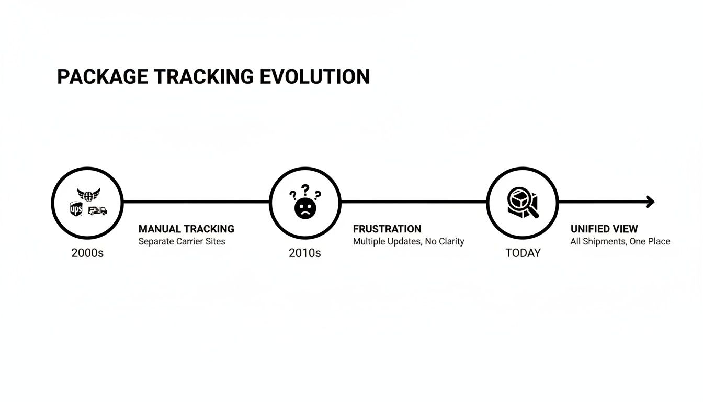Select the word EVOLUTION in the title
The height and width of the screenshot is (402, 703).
(x=314, y=76)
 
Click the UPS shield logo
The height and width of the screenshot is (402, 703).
(x=76, y=209)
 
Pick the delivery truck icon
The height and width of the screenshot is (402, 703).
(x=97, y=210)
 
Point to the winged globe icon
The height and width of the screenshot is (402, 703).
(x=88, y=195)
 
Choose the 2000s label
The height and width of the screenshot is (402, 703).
(x=87, y=253)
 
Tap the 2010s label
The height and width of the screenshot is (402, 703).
(x=304, y=253)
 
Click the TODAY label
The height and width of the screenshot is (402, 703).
(x=523, y=253)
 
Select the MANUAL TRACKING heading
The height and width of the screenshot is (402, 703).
(x=186, y=229)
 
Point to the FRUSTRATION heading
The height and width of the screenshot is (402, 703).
(x=387, y=229)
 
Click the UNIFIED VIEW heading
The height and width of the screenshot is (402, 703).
(x=604, y=229)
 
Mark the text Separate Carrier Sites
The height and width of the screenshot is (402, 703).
(x=182, y=241)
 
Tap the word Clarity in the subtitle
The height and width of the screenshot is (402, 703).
(x=450, y=241)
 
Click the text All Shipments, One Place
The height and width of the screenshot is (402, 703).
(x=620, y=241)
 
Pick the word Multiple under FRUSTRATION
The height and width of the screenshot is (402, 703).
(x=369, y=241)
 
